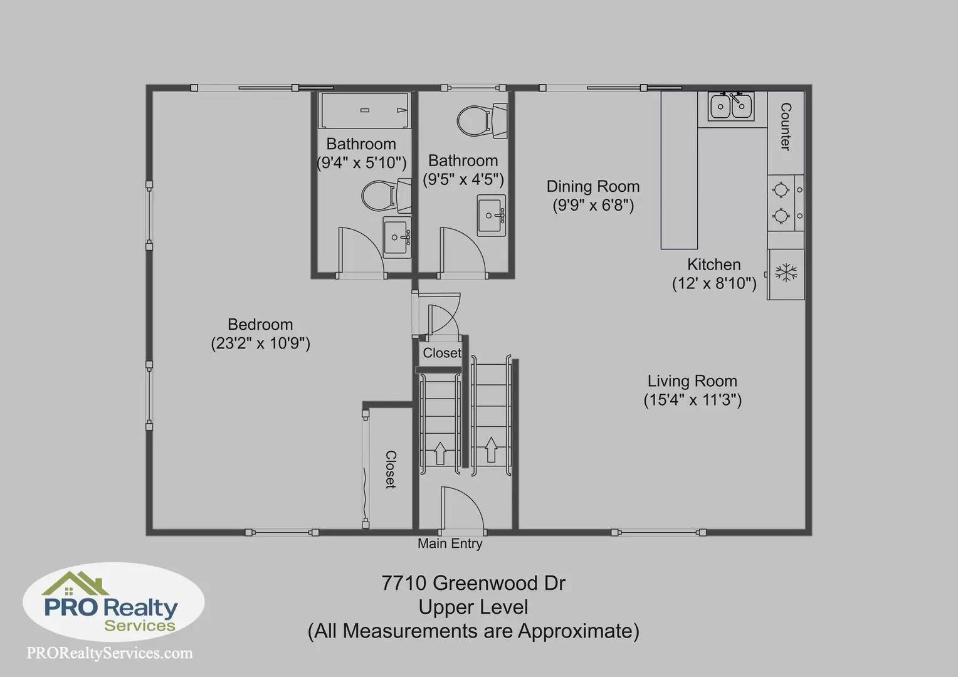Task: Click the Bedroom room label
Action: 260,324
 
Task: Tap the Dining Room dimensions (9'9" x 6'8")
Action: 592,205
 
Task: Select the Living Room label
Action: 692,380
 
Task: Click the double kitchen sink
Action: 730,106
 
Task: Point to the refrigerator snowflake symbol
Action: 786,273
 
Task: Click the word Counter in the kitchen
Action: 786,127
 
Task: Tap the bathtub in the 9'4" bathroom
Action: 364,110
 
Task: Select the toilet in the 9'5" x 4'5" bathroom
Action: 482,120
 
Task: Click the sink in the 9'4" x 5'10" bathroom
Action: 397,238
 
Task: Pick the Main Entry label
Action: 450,543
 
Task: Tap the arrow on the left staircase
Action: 440,453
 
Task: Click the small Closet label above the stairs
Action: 442,353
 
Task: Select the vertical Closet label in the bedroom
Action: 391,469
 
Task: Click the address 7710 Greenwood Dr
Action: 473,583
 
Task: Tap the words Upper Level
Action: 473,607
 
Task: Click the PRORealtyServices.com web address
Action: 110,653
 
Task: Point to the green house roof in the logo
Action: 75,584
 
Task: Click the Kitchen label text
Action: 713,265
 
